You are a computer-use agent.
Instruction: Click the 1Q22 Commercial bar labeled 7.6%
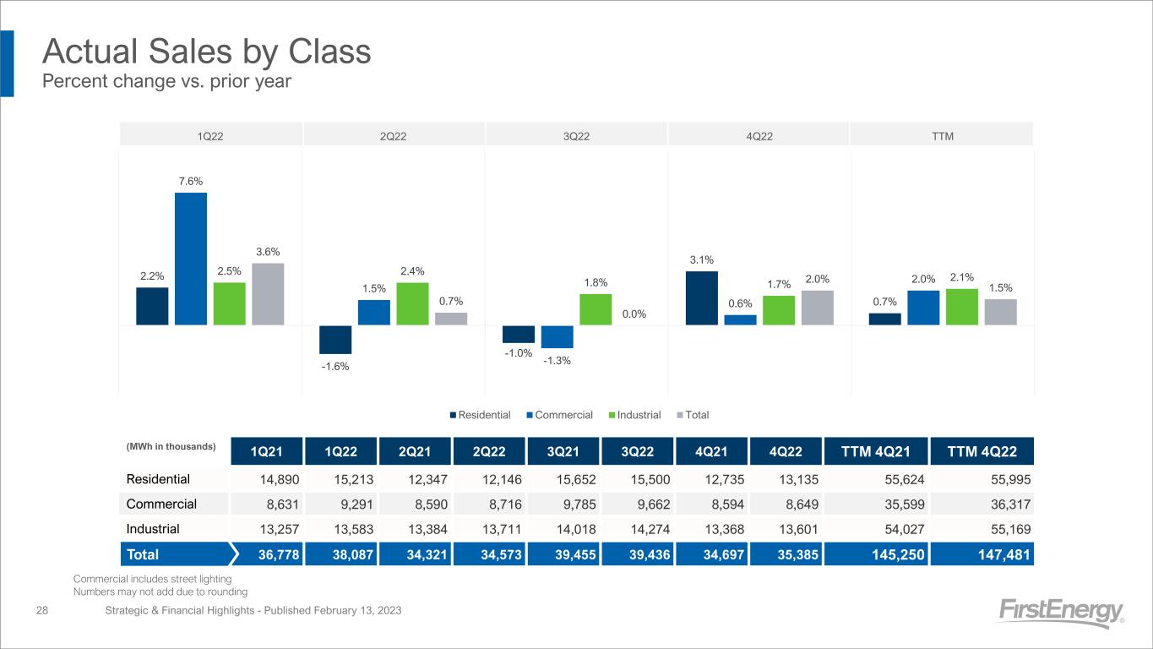tap(191, 259)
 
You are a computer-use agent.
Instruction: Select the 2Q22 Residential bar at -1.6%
tap(335, 339)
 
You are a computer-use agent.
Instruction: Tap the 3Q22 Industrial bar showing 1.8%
tap(596, 309)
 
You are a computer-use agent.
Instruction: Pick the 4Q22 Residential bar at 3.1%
tap(702, 297)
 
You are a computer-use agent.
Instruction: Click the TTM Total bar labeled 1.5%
tap(1001, 312)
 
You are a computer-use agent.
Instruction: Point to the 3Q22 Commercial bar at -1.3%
tap(557, 336)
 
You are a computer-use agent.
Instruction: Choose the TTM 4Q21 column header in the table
tap(880, 450)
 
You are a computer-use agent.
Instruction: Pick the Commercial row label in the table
tap(161, 504)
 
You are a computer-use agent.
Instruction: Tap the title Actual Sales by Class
tap(207, 52)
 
